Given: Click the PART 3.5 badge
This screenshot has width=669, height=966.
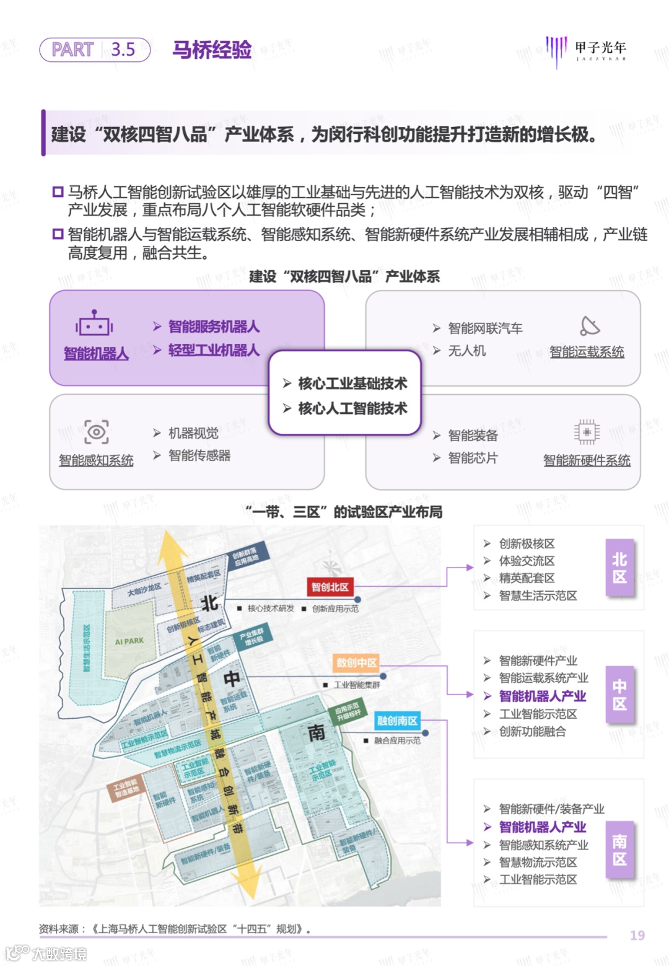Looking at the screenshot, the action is coord(95,50).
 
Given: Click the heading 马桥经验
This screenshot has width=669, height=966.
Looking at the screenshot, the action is coord(212,50).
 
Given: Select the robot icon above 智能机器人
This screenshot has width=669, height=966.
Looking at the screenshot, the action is coord(94,323).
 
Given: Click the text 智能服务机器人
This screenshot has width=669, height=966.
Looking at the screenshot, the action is coord(214,327).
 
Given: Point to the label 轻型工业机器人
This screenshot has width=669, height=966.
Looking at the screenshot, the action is coord(214,350).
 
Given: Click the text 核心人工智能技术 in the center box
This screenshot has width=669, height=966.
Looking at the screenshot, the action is coord(352,408).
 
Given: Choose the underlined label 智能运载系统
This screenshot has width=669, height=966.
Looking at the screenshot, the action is coord(587,352).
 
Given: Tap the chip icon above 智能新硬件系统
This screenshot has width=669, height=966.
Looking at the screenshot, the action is coord(587,432).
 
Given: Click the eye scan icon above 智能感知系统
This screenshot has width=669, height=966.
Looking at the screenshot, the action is coord(97,432).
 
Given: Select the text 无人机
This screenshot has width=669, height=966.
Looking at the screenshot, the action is coord(467,351).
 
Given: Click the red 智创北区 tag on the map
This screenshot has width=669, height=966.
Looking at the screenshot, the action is coord(330,587).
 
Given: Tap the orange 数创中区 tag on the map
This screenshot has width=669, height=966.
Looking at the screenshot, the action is coord(356,662).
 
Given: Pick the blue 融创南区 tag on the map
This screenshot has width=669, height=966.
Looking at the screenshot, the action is coord(397,721).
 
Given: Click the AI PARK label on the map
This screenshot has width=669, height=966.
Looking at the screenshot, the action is coord(129,641).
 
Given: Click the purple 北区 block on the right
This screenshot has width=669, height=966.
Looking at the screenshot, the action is coord(619,568).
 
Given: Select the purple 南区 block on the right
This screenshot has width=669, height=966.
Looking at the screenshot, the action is coord(619,850).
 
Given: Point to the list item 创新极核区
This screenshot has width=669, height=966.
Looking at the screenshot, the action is coord(527,543).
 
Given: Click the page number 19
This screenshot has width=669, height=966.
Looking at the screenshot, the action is coord(637,935).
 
